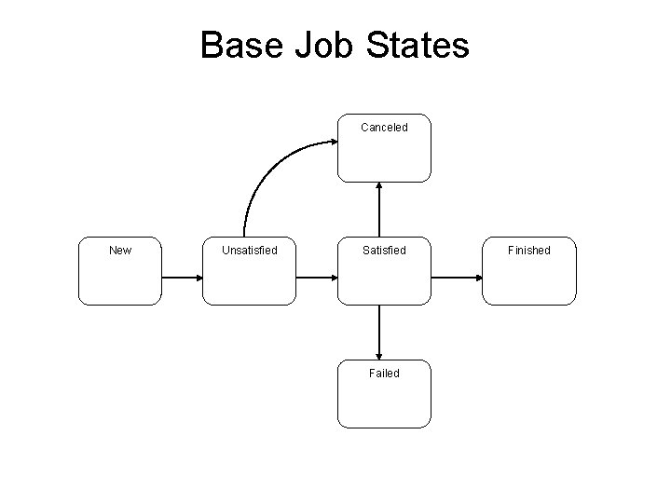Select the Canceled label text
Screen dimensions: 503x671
click(384, 128)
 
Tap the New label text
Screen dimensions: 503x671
click(120, 250)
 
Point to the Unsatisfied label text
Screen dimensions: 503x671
click(249, 250)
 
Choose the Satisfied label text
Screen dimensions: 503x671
click(384, 250)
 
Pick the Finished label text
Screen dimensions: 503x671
click(529, 250)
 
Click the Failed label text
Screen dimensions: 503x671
click(384, 373)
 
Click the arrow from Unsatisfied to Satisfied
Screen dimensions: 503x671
click(316, 278)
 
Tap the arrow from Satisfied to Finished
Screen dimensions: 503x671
click(457, 278)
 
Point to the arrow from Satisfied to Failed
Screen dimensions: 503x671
click(379, 332)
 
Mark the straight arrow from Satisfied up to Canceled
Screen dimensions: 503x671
click(379, 211)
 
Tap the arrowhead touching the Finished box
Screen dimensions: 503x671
click(477, 278)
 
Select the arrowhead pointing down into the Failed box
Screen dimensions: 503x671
click(379, 356)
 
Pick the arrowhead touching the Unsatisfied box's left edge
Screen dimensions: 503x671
click(199, 278)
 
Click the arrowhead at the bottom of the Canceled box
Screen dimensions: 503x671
click(379, 186)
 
